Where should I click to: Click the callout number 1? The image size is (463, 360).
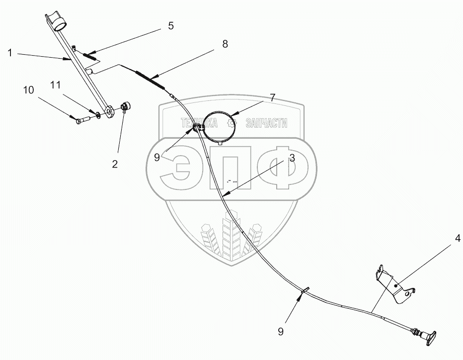(10, 52)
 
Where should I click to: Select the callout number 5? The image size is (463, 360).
(170, 26)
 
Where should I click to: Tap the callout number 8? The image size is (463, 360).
(225, 44)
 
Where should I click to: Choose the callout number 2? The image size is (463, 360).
(115, 164)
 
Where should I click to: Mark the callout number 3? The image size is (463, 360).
(292, 158)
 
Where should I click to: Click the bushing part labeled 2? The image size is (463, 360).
(126, 106)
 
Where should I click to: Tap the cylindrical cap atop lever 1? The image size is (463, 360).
(60, 23)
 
